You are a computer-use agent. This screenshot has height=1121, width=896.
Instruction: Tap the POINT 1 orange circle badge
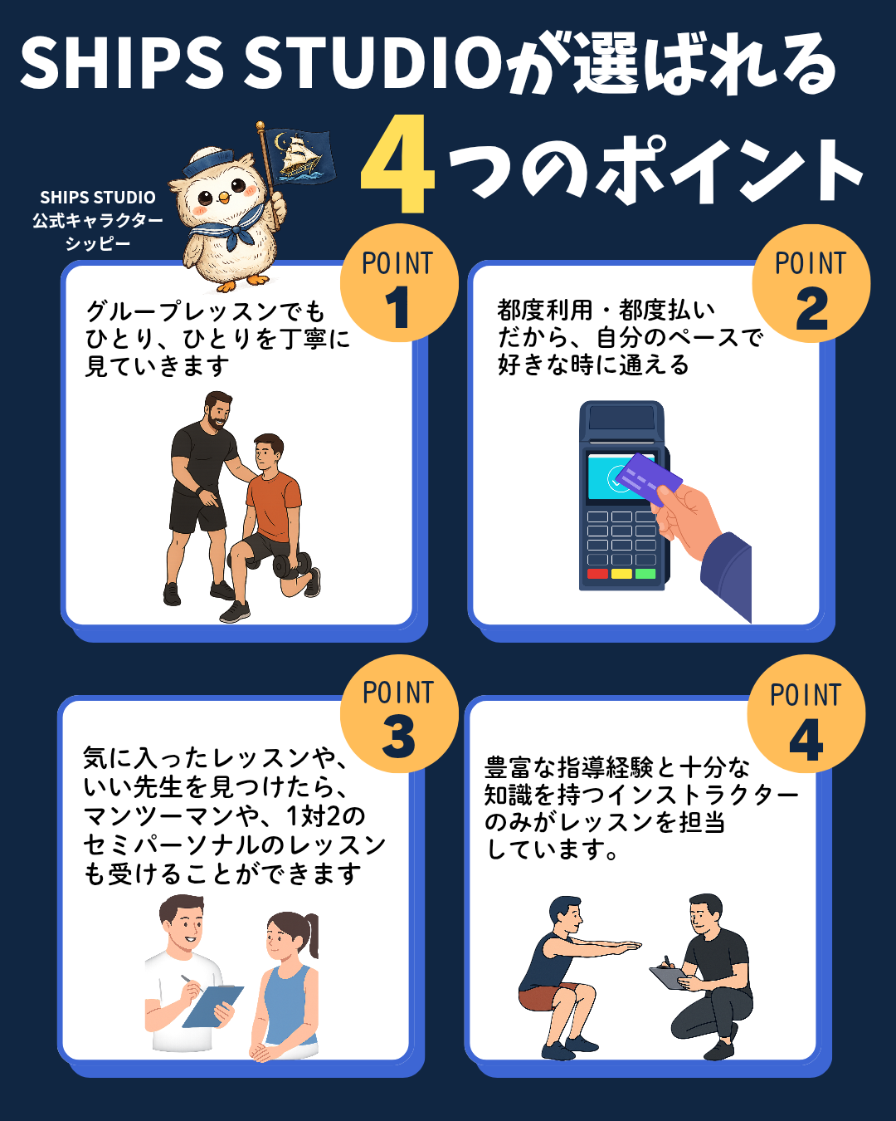(x=399, y=283)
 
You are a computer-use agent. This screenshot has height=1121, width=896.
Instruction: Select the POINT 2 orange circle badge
(x=811, y=283)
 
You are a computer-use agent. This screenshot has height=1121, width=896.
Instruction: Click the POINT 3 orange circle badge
(x=399, y=713)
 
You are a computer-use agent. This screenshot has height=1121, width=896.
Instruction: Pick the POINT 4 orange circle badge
(x=806, y=713)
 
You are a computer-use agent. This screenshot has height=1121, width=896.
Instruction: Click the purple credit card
(x=648, y=479)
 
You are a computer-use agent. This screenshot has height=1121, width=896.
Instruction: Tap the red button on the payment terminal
(x=597, y=574)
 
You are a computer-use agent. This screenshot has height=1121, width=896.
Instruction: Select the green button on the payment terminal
(x=645, y=574)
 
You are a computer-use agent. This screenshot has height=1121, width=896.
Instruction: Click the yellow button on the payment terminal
(x=621, y=574)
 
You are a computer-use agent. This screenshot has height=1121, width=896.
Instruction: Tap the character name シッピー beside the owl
(x=98, y=243)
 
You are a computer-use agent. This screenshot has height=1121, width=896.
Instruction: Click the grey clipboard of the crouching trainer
(x=668, y=977)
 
